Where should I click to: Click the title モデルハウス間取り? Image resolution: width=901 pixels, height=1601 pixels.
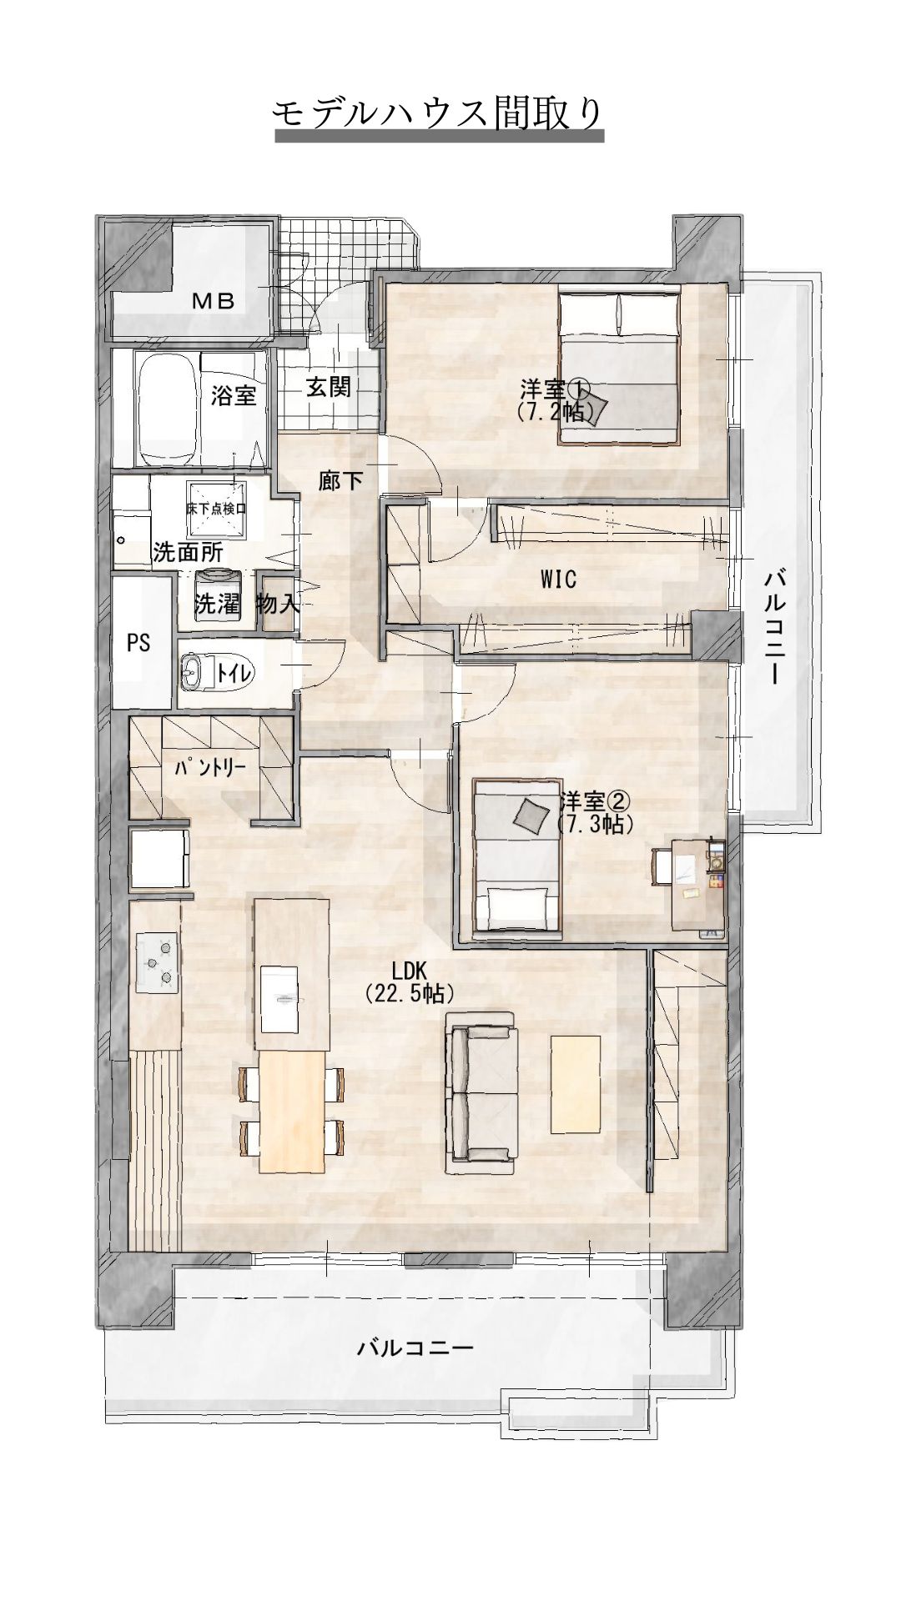439,113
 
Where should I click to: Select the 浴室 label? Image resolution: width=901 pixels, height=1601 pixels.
234,394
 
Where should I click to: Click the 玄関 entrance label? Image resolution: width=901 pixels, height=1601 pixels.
328,387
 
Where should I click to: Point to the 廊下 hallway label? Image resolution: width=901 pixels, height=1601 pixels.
341,480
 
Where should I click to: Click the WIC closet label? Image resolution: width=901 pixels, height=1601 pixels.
558,579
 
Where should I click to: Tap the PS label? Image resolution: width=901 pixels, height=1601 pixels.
138,643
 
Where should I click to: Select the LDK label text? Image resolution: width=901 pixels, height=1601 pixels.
410,970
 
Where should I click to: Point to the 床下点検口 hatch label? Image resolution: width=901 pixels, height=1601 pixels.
216,509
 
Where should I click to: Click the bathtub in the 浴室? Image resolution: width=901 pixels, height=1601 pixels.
166,411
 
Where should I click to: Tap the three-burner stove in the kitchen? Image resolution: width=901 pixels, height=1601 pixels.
157,961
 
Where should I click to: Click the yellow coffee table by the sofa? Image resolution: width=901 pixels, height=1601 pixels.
575,1084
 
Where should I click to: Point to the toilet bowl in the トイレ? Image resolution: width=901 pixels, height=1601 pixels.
192,673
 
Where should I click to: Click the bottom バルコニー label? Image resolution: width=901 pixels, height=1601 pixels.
415,1348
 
